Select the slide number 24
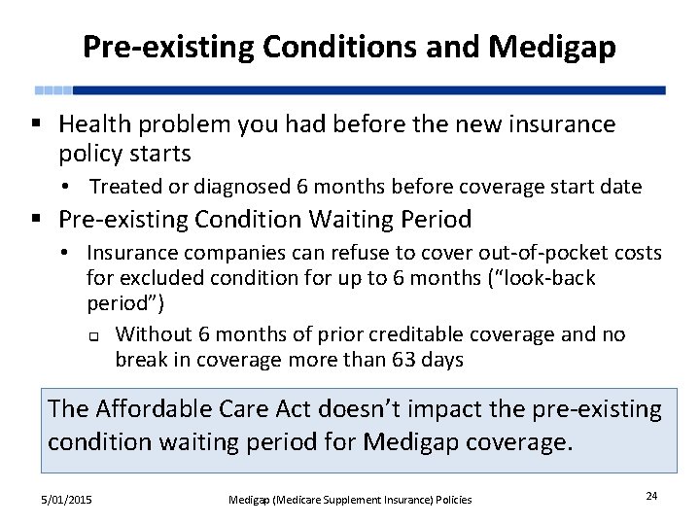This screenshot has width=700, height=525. pos(650,496)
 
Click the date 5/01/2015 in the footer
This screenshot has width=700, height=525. pos(66,499)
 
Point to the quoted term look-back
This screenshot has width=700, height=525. pos(546,278)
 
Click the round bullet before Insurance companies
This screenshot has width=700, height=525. pos(61,254)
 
